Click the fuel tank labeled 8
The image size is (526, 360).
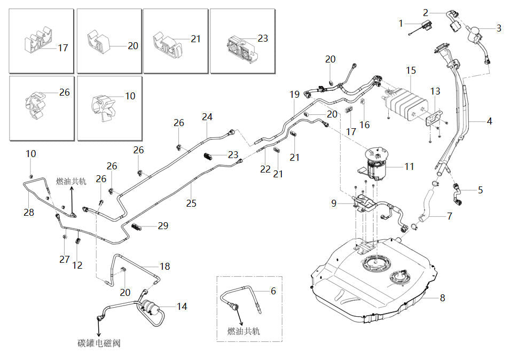pos(372,282)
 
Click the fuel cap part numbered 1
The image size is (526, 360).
pos(423,27)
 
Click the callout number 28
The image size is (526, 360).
pos(29,212)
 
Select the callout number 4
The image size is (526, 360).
pos(490,121)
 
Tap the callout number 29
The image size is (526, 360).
pos(163,225)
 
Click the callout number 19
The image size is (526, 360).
pos(295,95)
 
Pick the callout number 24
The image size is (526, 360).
pos(207,117)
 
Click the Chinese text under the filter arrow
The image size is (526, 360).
pos(99,343)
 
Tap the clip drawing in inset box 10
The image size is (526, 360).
pos(103,107)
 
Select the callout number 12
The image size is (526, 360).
pos(77,265)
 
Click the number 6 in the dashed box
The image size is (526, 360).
pos(273,291)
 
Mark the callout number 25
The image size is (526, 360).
pos(191,203)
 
